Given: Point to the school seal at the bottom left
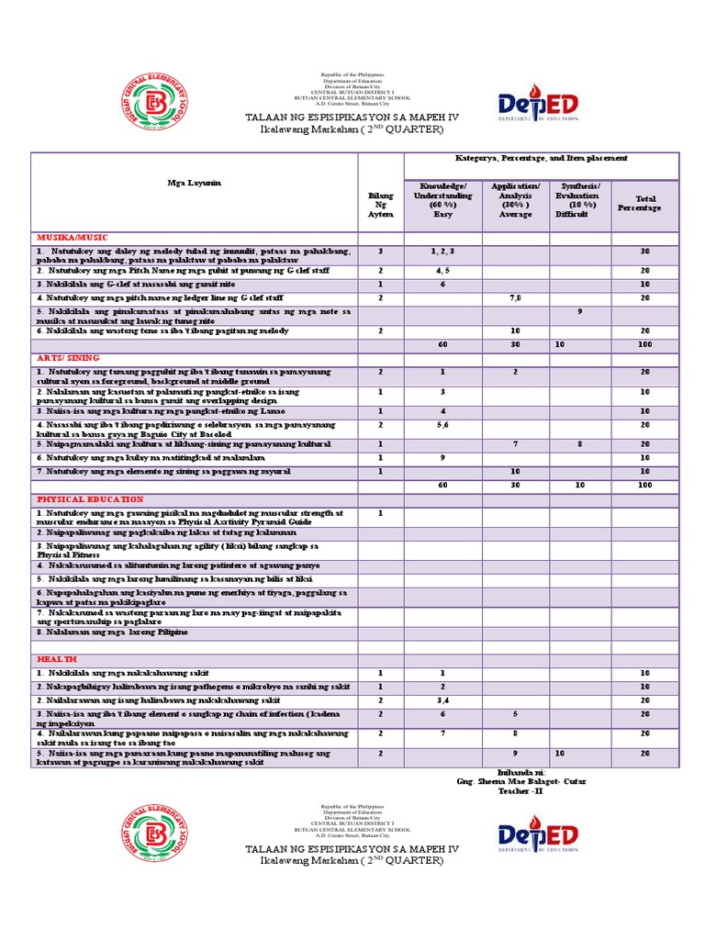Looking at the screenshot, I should point(155,832).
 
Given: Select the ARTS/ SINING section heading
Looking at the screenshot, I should point(65,359).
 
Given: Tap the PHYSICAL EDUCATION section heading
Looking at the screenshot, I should point(84,499).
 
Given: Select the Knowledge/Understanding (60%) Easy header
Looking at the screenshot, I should point(443,199).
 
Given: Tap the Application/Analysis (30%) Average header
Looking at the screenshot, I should point(515,199).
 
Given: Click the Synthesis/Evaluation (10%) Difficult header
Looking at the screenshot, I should point(580,199).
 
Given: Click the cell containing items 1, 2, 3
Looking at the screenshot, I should point(443,252).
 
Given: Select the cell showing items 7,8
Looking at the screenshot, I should point(515,298).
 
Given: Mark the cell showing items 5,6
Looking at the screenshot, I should point(443,425).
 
